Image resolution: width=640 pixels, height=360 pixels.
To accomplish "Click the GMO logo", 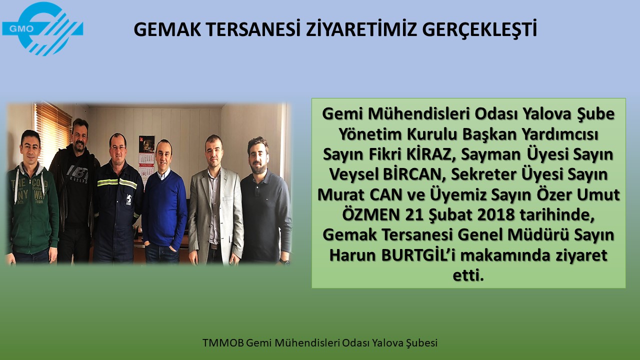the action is tap(42, 28).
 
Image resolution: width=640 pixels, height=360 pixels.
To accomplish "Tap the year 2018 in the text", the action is tap(496, 215).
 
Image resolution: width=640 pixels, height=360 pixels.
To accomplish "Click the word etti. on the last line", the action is tap(468, 275).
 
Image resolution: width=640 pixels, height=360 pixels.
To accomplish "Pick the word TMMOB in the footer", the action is tap(223, 343).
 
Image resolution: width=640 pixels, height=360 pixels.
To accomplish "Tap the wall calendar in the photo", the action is tap(146, 160).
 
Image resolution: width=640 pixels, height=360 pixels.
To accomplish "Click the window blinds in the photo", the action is tap(53, 135).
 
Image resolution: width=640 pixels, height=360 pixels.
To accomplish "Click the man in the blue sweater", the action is tap(164, 201).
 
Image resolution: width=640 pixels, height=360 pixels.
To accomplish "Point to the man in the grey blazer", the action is tap(215, 199).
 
